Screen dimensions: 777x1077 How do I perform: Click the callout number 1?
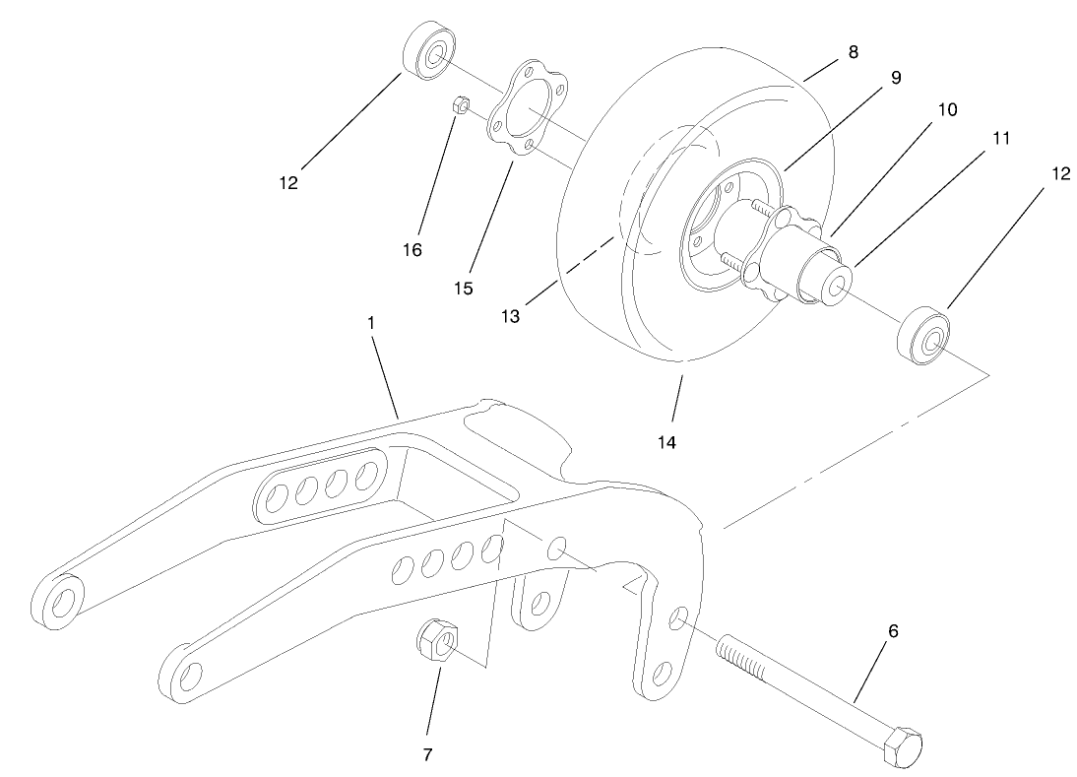tap(372, 323)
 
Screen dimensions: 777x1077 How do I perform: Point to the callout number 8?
tap(853, 52)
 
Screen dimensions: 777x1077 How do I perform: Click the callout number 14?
tap(667, 442)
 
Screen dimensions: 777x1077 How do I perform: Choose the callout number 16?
tap(412, 250)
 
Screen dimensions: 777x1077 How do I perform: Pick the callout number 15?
tap(463, 289)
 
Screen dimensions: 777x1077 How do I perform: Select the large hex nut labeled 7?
tap(434, 644)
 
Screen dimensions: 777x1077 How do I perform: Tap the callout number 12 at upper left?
tap(288, 182)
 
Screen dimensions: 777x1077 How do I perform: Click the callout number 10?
tap(946, 109)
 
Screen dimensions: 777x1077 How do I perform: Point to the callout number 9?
tap(895, 76)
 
